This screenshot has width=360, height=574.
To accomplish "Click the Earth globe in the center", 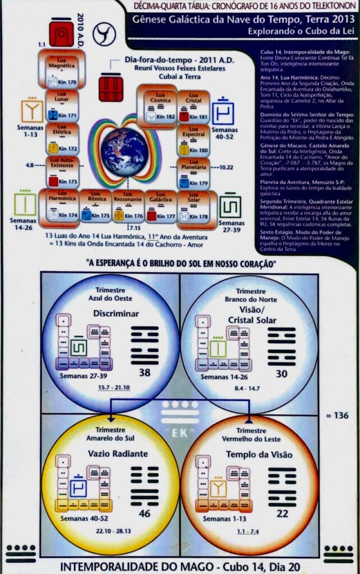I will [124, 151].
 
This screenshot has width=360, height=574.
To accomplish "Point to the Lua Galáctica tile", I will [161, 199].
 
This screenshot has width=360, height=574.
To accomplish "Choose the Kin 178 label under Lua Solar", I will [199, 216].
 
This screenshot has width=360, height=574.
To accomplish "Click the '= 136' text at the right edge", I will [339, 415].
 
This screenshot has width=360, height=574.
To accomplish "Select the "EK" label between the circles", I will [180, 432].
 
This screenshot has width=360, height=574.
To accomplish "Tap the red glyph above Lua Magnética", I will [61, 34].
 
